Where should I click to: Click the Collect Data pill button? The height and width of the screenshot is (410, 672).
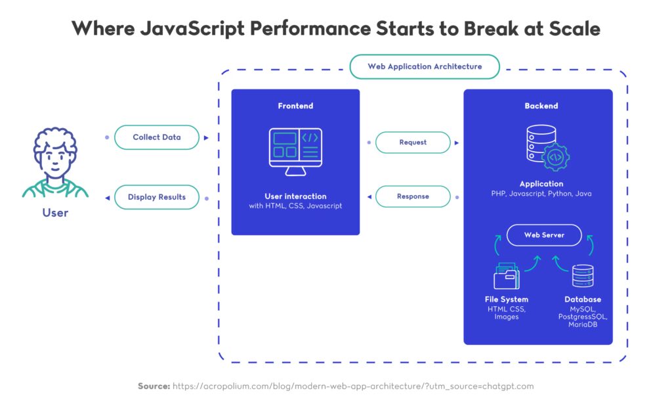click(x=156, y=137)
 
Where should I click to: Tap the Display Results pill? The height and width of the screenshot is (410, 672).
click(x=156, y=196)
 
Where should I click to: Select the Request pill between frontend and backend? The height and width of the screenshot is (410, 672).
click(x=413, y=142)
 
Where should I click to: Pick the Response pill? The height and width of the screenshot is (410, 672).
click(x=413, y=196)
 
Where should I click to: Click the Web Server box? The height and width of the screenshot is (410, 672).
click(x=544, y=235)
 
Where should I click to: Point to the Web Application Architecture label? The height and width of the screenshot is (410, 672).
click(x=425, y=66)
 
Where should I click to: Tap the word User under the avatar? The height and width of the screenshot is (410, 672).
click(x=55, y=212)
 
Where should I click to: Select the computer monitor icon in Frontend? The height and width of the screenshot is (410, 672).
click(x=295, y=150)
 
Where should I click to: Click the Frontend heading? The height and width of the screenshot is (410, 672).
click(x=295, y=106)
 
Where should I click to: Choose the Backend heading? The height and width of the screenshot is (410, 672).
click(x=541, y=106)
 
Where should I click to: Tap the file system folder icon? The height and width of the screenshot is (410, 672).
click(x=507, y=277)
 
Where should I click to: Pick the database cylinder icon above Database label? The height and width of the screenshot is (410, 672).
click(x=583, y=276)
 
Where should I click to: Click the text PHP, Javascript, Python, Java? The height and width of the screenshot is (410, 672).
click(x=541, y=194)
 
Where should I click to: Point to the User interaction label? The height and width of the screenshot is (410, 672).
click(x=295, y=196)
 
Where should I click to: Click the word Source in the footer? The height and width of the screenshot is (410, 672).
click(x=154, y=386)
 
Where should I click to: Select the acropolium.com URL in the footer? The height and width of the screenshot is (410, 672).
click(x=353, y=386)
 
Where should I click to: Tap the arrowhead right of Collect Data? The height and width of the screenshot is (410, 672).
click(x=206, y=138)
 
